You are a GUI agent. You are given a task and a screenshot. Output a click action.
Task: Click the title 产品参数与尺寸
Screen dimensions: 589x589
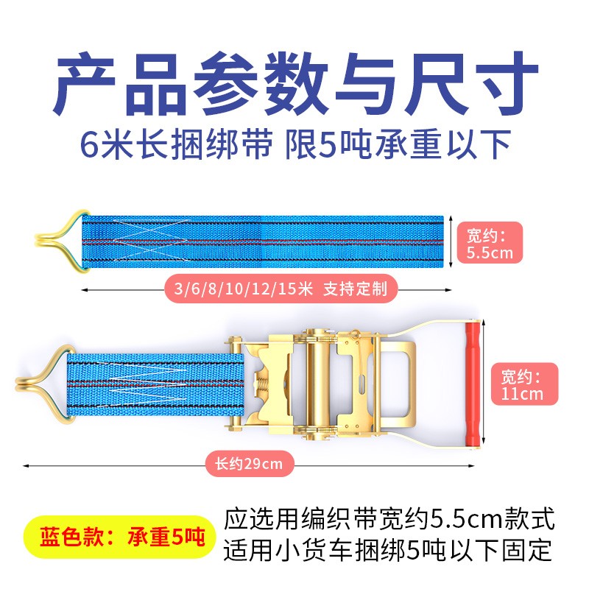point(294,82)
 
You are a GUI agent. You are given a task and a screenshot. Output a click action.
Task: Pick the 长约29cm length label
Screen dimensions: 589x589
point(244,465)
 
